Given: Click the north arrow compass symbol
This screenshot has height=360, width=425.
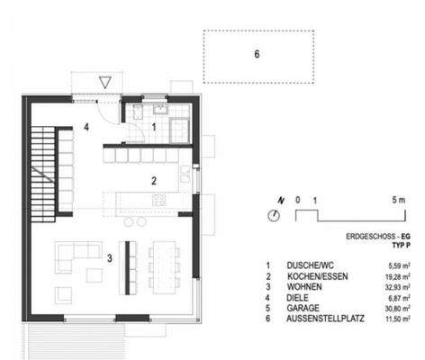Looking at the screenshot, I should tap(274, 214).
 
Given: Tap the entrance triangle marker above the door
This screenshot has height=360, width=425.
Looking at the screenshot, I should tap(106, 83).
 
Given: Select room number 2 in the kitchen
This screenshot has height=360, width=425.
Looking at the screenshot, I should tap(154, 181).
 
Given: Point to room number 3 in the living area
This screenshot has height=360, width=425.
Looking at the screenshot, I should tap(110, 259).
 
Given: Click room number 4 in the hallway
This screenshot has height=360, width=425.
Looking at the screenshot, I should tap(86, 128).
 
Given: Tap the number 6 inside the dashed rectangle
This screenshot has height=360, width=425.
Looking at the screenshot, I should tap(257, 54).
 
